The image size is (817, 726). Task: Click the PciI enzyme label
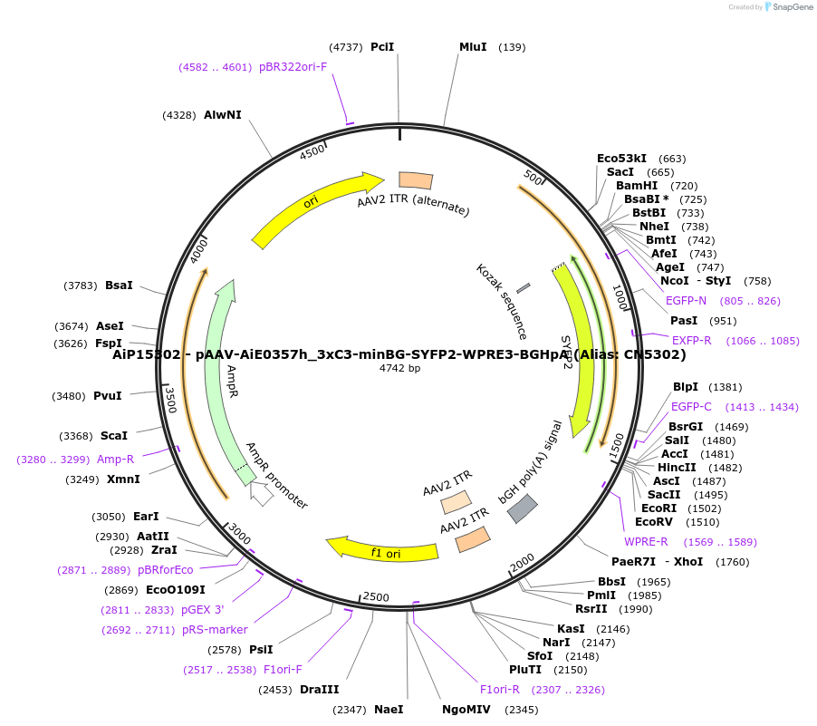coord(382,47)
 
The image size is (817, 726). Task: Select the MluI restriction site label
coord(473,47)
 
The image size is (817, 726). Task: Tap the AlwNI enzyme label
coord(223,115)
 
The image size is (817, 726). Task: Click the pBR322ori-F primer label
coord(293,67)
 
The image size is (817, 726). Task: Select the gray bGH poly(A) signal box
coord(523,508)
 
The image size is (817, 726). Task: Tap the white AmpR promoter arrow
coord(262,495)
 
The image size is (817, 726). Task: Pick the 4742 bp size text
coord(399,368)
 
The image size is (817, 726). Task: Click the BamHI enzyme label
coord(637,186)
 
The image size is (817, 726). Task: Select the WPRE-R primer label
coord(646,542)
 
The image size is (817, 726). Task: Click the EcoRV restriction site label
coord(653,522)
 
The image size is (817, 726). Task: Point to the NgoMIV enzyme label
coord(466,710)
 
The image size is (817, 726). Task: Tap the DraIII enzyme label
coord(319,690)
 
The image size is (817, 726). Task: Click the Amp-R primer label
coord(116,460)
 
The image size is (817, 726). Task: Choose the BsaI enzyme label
coord(119,286)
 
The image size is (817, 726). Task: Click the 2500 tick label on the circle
coord(375,597)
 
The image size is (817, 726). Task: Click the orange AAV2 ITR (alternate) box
coord(416,180)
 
